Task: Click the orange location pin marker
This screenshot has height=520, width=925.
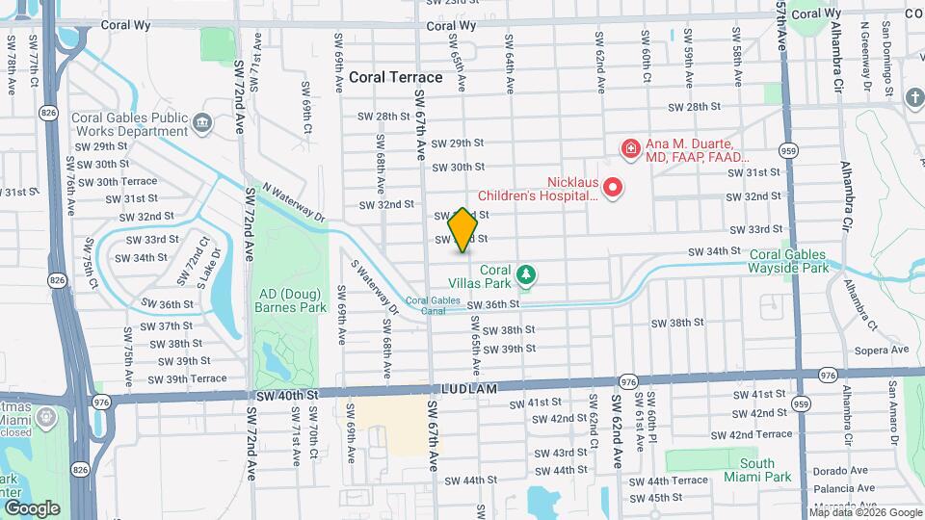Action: [463, 230]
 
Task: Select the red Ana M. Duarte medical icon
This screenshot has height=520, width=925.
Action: [630, 149]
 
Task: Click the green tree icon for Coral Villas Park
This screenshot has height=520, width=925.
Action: [525, 277]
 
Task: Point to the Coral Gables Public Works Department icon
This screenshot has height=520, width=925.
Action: [202, 122]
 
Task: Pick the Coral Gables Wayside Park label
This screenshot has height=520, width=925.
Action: [788, 261]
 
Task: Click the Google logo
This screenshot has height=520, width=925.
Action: [32, 507]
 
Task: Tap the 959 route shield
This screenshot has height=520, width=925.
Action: [788, 150]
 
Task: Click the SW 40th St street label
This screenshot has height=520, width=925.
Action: [287, 395]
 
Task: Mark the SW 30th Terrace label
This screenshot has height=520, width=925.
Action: [125, 181]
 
